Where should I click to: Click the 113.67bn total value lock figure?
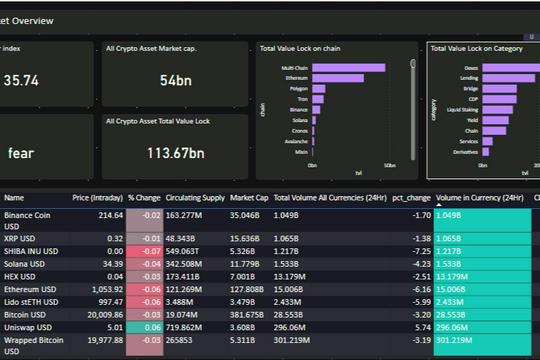pyautogui.click(x=175, y=153)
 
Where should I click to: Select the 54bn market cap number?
pyautogui.click(x=175, y=80)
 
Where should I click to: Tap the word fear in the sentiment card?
pyautogui.click(x=21, y=153)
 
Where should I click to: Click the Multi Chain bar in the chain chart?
pyautogui.click(x=355, y=67)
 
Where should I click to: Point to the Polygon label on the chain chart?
pyautogui.click(x=297, y=88)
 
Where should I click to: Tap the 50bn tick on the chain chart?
pyautogui.click(x=390, y=165)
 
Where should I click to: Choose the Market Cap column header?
pyautogui.click(x=248, y=198)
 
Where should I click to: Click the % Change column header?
pyautogui.click(x=144, y=198)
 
